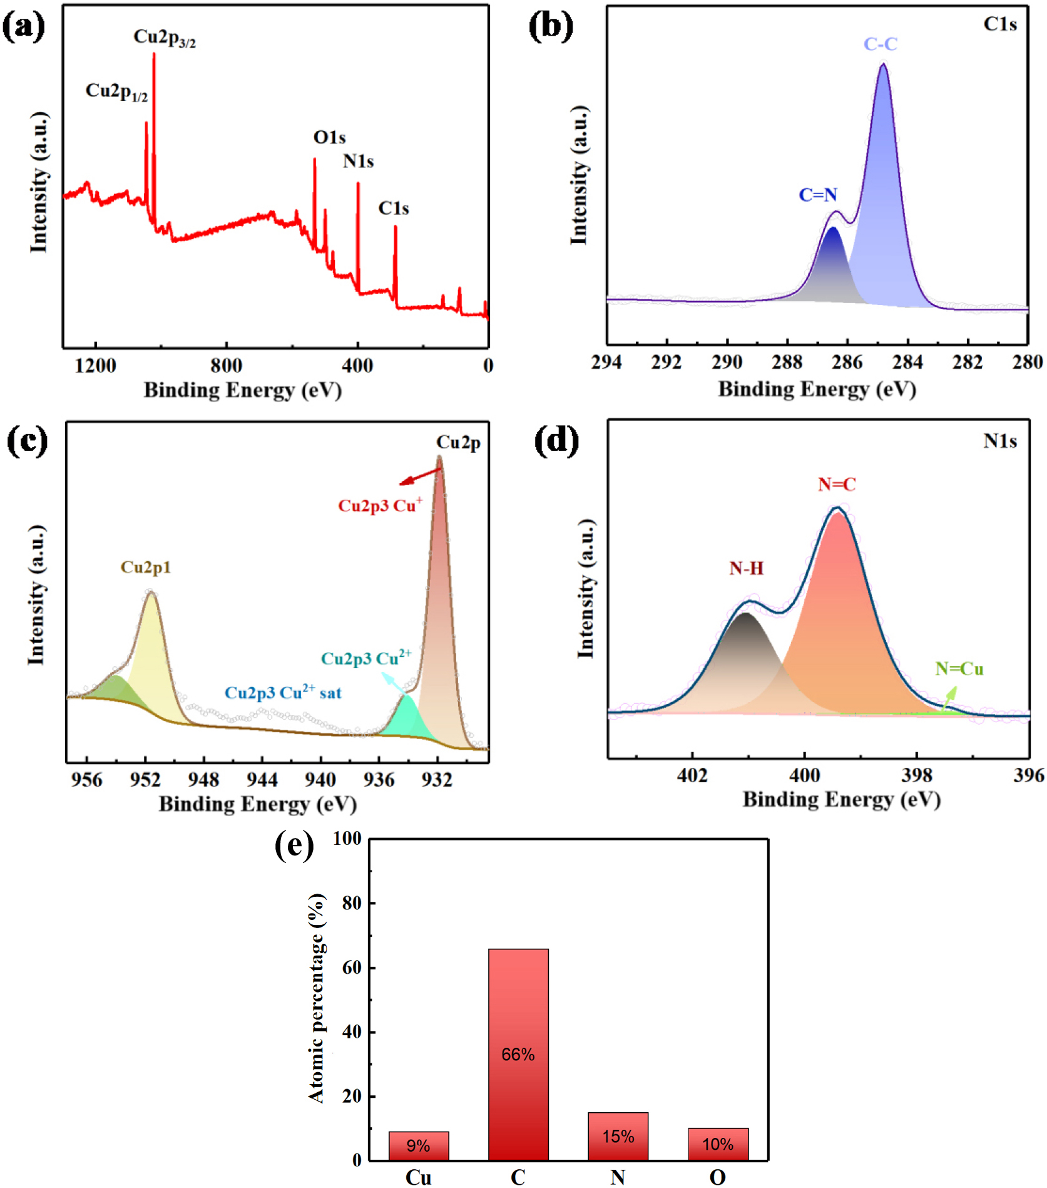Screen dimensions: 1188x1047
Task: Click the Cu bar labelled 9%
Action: pyautogui.click(x=418, y=1145)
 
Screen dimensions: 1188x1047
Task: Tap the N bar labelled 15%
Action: pyautogui.click(x=618, y=1136)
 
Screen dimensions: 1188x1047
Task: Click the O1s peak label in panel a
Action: pyautogui.click(x=329, y=137)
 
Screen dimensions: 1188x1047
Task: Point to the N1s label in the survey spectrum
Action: pyautogui.click(x=358, y=162)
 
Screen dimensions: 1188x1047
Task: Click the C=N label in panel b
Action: pyautogui.click(x=818, y=195)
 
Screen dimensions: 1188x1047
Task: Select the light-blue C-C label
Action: pyautogui.click(x=880, y=44)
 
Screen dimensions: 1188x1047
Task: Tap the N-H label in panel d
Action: pyautogui.click(x=746, y=568)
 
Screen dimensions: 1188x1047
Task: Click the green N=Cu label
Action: pyautogui.click(x=959, y=669)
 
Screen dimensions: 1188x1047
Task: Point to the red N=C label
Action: pyautogui.click(x=837, y=484)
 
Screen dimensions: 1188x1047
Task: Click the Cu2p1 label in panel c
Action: pyautogui.click(x=145, y=567)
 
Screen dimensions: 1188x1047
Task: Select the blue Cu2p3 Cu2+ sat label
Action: pyautogui.click(x=283, y=692)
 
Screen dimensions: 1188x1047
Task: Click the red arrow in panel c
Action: pyautogui.click(x=421, y=476)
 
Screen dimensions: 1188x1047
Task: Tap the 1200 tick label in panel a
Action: pyautogui.click(x=95, y=365)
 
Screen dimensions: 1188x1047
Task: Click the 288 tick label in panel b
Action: pyautogui.click(x=787, y=362)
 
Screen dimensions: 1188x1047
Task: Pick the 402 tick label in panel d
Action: pyautogui.click(x=692, y=775)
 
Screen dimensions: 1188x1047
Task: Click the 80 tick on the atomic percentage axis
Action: pyautogui.click(x=352, y=902)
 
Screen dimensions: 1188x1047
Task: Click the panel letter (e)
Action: pyautogui.click(x=294, y=845)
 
